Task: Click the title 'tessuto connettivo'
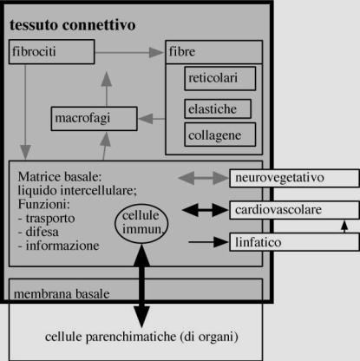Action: click(73, 25)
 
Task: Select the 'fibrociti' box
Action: click(51, 52)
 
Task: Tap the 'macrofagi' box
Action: click(94, 119)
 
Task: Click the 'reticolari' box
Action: click(220, 78)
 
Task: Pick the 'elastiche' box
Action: click(218, 108)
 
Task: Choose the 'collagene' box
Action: click(220, 135)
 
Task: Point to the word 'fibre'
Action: click(182, 52)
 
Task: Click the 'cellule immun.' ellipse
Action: click(141, 223)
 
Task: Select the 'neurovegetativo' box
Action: click(294, 178)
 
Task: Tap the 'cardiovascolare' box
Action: click(294, 210)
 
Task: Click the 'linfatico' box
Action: click(294, 242)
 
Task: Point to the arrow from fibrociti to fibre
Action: click(129, 53)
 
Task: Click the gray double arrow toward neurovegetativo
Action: click(204, 178)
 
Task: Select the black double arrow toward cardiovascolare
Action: click(206, 210)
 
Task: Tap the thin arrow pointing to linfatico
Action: click(208, 242)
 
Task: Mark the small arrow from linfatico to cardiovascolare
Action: click(344, 226)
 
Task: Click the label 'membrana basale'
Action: click(62, 294)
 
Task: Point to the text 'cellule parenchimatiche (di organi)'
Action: click(141, 337)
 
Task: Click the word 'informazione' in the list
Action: click(62, 246)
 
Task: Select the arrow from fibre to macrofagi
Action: click(152, 119)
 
